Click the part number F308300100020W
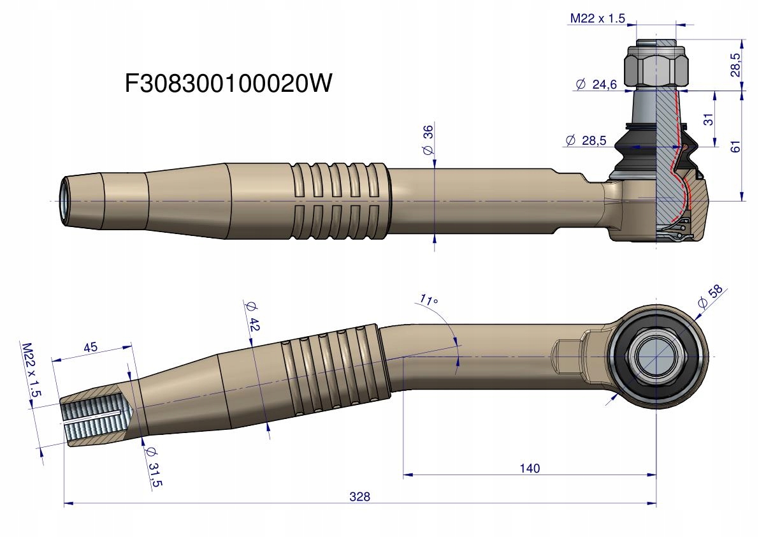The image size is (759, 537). [229, 83]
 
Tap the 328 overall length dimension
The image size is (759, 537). [360, 496]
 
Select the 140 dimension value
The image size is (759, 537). [529, 468]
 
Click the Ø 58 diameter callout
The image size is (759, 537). [711, 297]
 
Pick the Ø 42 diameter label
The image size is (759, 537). [252, 316]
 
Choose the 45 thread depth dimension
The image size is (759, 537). [90, 348]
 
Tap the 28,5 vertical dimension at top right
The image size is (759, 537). [735, 64]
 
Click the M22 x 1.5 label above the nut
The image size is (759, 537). [597, 18]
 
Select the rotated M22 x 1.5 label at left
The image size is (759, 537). [31, 371]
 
